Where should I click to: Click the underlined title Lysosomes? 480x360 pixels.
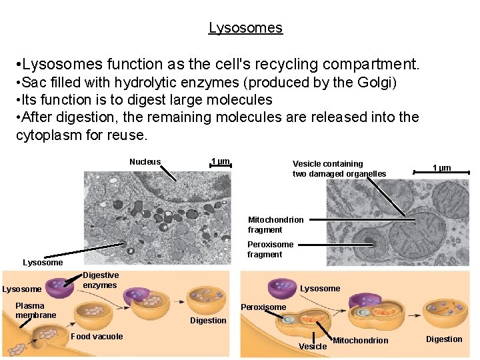tap(245, 28)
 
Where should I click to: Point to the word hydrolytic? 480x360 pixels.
tap(147, 83)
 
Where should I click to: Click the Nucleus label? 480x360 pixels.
tap(145, 162)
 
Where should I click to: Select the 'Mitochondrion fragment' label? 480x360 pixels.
tap(275, 225)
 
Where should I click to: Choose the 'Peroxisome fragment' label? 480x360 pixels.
tap(270, 249)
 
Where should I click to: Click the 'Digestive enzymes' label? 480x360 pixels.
tap(100, 280)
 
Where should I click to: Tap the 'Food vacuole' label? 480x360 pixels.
tap(97, 337)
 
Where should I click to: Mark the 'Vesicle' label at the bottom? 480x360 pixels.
tap(313, 346)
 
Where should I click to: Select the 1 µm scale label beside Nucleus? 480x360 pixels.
tap(220, 162)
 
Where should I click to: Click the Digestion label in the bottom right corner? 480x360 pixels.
tap(444, 339)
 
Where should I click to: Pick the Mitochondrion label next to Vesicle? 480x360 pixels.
tap(360, 341)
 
